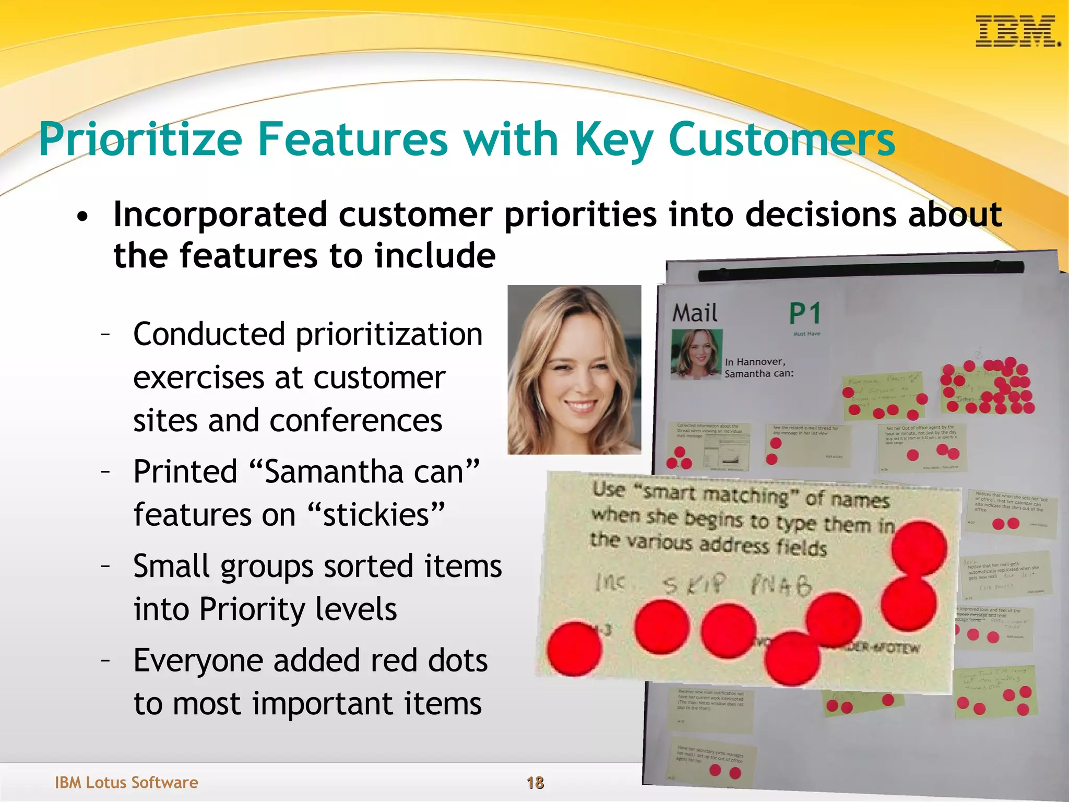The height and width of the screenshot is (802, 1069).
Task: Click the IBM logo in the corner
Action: pyautogui.click(x=1017, y=32)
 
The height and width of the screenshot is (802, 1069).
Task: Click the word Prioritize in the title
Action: pyautogui.click(x=140, y=139)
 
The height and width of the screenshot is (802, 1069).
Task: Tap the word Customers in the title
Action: pyautogui.click(x=781, y=139)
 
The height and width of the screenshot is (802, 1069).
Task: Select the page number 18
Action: pyautogui.click(x=535, y=782)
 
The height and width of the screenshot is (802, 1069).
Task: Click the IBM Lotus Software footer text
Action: pyautogui.click(x=126, y=782)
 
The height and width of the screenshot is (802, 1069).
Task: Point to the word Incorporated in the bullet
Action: pyautogui.click(x=219, y=215)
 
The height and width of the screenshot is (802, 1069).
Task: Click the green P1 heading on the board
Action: pyautogui.click(x=804, y=314)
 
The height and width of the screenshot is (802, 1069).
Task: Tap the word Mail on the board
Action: pyautogui.click(x=695, y=313)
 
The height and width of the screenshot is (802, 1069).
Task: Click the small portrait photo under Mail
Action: pyautogui.click(x=696, y=353)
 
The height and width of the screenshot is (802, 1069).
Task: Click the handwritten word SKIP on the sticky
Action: pyautogui.click(x=694, y=584)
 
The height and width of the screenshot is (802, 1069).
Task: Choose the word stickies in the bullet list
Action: pyautogui.click(x=376, y=515)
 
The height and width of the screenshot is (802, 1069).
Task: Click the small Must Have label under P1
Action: pyautogui.click(x=806, y=334)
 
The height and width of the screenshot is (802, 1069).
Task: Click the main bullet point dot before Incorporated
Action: pyautogui.click(x=82, y=216)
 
